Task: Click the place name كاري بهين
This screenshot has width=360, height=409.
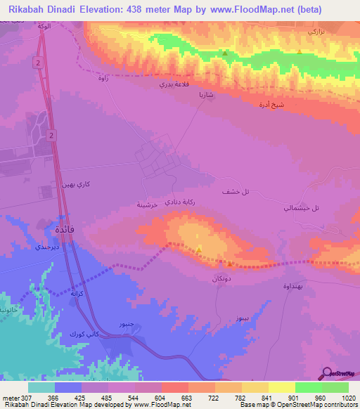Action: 76,184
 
